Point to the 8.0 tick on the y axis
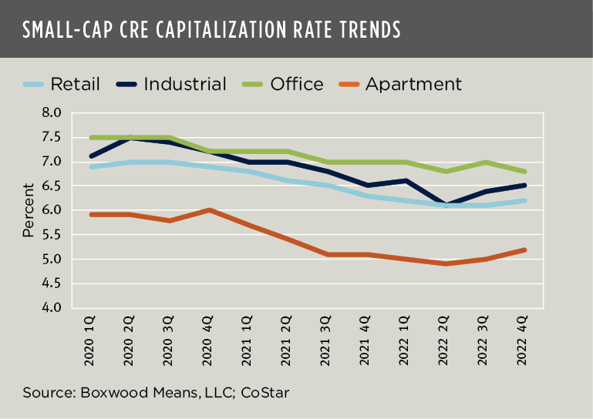51,113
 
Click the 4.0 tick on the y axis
51,308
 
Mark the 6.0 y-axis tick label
51,210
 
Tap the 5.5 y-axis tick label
51,235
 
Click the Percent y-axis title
29,209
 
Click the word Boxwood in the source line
105,392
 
